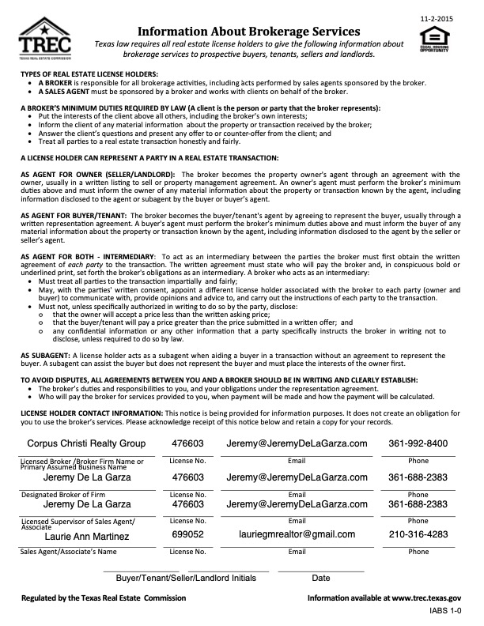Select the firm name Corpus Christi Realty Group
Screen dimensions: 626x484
coord(86,443)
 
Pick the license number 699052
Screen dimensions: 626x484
coord(188,534)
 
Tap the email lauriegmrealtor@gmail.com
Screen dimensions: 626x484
coord(297,534)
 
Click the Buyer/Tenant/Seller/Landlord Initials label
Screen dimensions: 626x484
coord(186,578)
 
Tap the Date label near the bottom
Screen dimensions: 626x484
coord(320,578)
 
